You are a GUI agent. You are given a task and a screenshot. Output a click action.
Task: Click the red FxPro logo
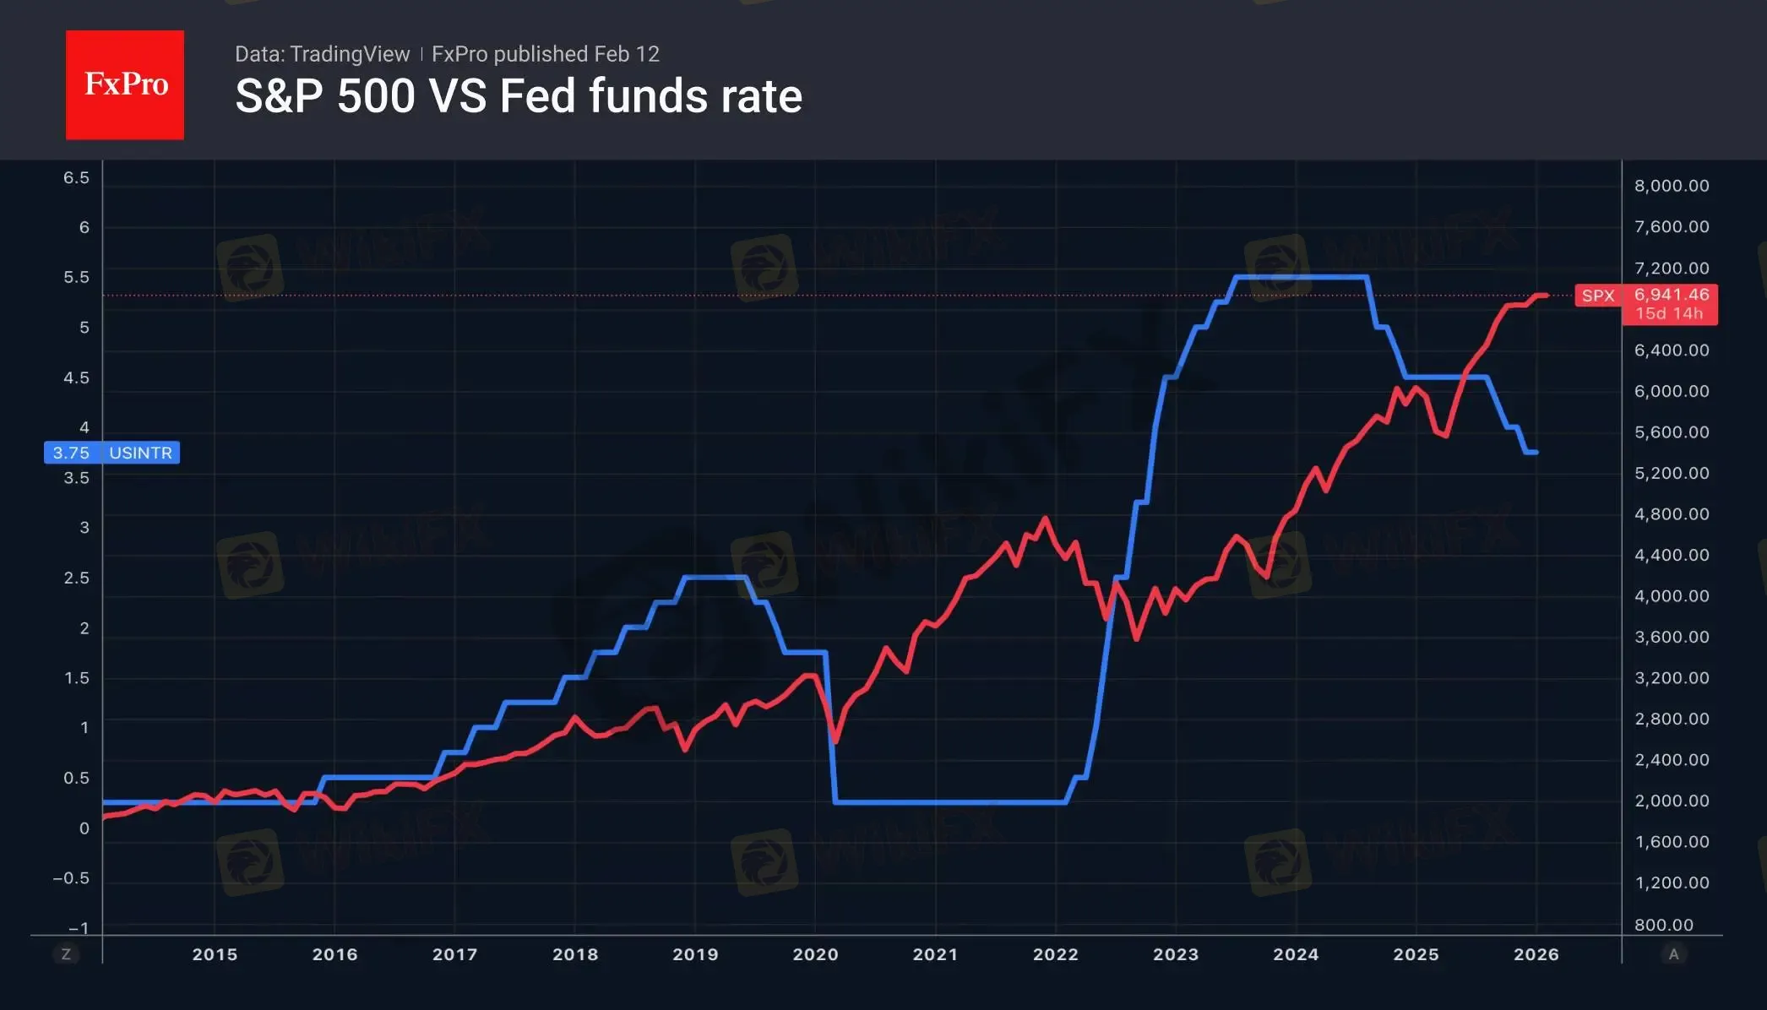(x=125, y=84)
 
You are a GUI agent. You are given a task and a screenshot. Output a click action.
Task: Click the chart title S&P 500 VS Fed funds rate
(x=518, y=96)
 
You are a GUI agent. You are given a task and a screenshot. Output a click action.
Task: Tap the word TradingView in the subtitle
(x=349, y=54)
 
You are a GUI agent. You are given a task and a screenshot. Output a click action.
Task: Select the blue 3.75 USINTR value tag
(x=111, y=453)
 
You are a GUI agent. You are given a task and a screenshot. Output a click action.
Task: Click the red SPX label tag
(x=1597, y=296)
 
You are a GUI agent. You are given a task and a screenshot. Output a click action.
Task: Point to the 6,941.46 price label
(x=1671, y=295)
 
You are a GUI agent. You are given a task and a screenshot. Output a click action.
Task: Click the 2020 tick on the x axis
(x=815, y=954)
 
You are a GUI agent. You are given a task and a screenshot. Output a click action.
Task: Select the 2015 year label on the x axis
(x=215, y=954)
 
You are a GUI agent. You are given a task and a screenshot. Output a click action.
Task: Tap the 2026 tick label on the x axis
(x=1536, y=954)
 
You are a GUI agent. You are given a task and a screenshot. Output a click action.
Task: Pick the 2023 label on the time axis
(x=1176, y=954)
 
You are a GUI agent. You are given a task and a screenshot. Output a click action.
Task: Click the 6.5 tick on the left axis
(x=76, y=177)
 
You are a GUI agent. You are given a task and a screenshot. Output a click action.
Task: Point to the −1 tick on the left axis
(x=78, y=928)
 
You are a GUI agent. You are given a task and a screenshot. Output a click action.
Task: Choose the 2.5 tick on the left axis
(x=76, y=578)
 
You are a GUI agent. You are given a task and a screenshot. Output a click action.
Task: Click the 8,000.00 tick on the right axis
(x=1672, y=186)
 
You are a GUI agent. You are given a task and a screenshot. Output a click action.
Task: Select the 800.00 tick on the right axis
(x=1663, y=925)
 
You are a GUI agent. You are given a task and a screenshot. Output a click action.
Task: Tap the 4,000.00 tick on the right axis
(x=1672, y=596)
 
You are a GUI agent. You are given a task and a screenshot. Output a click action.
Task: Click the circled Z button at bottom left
(x=66, y=954)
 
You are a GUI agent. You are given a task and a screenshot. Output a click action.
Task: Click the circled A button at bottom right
(x=1673, y=954)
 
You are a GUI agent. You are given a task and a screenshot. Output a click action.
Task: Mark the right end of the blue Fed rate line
(x=1536, y=453)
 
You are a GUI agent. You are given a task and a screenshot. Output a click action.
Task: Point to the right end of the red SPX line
(x=1547, y=296)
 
